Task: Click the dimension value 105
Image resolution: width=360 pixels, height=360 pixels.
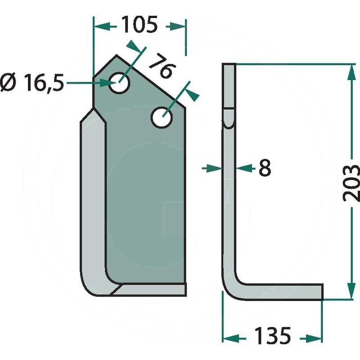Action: pos(139,25)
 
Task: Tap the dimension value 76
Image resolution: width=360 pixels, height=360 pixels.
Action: pos(162,66)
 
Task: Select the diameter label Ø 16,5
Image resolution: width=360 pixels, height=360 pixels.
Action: pos(31,83)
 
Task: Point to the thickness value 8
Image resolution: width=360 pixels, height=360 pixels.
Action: pos(265,168)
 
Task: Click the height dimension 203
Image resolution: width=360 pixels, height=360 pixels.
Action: pos(351,183)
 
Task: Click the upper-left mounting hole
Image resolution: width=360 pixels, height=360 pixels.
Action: pos(119,83)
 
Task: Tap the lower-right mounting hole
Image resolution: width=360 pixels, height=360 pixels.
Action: pos(162,117)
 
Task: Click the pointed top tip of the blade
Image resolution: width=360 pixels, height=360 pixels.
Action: pos(117,55)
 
